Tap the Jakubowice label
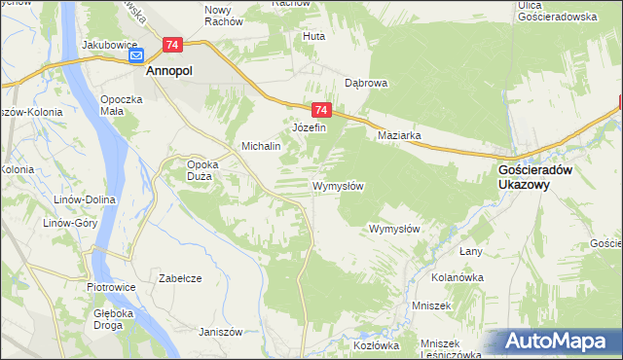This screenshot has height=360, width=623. click(107, 45)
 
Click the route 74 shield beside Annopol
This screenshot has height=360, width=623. click(172, 45)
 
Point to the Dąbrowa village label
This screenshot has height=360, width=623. click(366, 83)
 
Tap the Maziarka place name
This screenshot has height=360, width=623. click(399, 136)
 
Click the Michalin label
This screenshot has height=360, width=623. click(261, 146)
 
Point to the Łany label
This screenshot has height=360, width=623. click(471, 251)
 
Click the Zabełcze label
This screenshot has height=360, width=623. click(180, 278)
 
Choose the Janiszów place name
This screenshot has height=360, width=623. click(219, 331)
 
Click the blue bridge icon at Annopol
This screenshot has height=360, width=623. click(137, 56)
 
